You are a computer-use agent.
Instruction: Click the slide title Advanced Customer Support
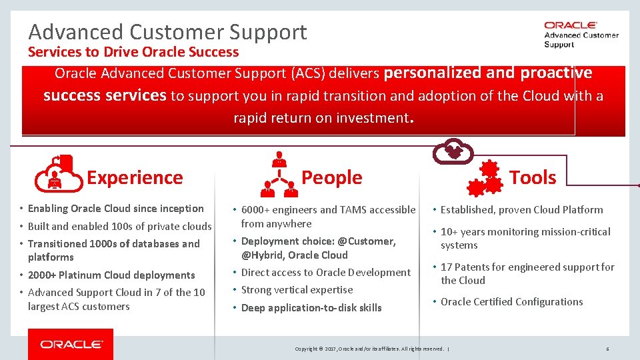(167, 32)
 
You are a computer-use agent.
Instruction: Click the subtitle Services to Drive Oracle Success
(133, 52)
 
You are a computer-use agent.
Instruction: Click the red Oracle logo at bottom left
(71, 344)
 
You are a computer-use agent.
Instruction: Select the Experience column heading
(135, 177)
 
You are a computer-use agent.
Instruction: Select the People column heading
(331, 177)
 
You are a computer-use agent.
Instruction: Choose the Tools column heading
(533, 177)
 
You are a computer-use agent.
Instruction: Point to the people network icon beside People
(280, 175)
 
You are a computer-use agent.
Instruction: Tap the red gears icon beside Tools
(484, 177)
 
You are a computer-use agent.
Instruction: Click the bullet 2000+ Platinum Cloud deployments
(111, 275)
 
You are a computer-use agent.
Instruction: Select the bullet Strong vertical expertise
(297, 290)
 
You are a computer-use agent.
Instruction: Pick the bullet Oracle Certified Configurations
(511, 302)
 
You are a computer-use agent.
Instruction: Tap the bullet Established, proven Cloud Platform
(521, 210)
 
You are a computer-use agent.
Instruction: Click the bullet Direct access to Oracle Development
(325, 273)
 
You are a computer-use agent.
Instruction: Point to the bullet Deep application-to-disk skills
(311, 308)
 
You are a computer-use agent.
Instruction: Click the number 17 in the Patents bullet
(446, 267)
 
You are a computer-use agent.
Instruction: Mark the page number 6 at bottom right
(607, 349)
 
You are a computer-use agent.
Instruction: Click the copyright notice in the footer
(370, 349)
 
